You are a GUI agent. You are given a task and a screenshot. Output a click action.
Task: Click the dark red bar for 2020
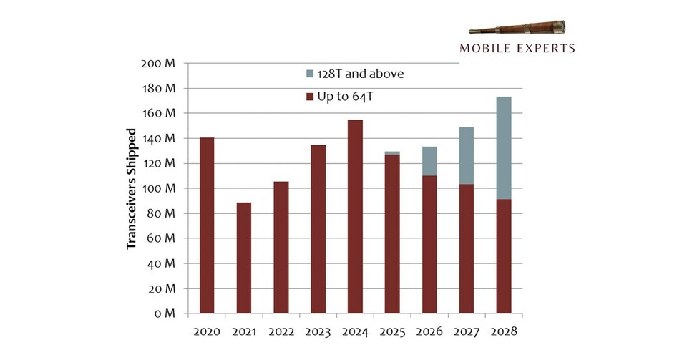click(207, 225)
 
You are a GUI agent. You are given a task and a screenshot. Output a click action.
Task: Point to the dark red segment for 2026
click(429, 244)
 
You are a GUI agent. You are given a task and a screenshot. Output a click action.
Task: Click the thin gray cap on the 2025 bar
click(392, 153)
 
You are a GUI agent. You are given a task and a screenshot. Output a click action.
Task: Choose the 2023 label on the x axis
click(318, 332)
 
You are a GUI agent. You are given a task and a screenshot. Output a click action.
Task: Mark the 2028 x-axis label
click(503, 332)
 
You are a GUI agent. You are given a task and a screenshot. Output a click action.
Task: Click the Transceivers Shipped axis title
click(132, 189)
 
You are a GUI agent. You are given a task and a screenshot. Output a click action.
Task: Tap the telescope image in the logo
click(517, 29)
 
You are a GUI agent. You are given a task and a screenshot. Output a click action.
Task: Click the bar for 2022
click(281, 247)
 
